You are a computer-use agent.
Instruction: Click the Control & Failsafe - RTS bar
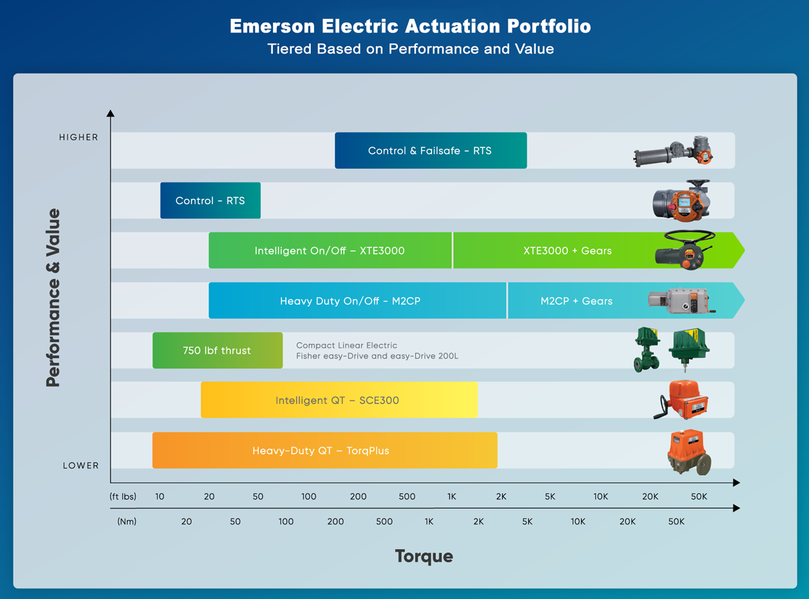tap(430, 150)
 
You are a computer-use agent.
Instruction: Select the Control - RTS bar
tap(210, 200)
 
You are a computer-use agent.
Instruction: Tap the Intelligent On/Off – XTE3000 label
tap(329, 250)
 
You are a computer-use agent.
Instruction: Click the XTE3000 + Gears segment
tap(567, 250)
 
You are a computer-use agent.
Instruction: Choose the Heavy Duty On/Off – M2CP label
tap(350, 301)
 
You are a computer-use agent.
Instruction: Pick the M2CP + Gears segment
tap(576, 301)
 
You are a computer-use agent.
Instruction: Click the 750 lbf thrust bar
tap(217, 350)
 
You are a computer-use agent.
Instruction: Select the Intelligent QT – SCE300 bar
tap(338, 400)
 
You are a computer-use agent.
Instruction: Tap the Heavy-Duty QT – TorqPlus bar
tap(322, 450)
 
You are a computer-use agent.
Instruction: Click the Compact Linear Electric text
tap(347, 345)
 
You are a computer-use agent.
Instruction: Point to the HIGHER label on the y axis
tap(79, 137)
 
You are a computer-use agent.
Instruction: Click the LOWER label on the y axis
tap(81, 465)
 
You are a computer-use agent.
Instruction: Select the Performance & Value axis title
tap(53, 297)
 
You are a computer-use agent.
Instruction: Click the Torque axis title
tap(423, 556)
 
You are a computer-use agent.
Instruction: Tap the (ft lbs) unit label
tap(123, 496)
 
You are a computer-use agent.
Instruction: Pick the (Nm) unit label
tap(127, 521)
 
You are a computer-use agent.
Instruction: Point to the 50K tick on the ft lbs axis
tap(699, 496)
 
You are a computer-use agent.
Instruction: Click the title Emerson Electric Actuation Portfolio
tap(410, 26)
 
